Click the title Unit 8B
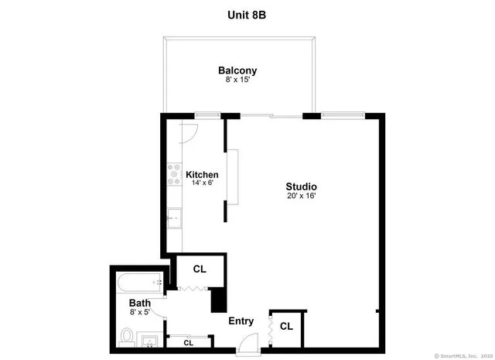(247, 14)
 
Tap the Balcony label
(237, 70)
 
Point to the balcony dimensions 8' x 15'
(237, 81)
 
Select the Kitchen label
(202, 175)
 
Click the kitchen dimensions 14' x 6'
(202, 184)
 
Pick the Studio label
(302, 187)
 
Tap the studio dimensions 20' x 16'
(302, 197)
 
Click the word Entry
(241, 321)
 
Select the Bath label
(139, 303)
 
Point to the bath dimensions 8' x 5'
(139, 313)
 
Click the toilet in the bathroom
(128, 337)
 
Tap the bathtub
(140, 281)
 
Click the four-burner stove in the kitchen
(174, 175)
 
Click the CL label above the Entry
(200, 269)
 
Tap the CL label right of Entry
(286, 327)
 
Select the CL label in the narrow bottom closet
(189, 341)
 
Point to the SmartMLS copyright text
(463, 355)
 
